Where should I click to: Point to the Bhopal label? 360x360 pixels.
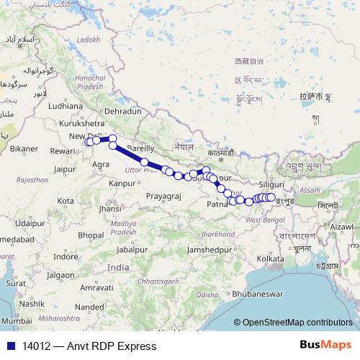tap(91, 235)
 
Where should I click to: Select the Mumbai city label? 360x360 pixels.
tap(16, 320)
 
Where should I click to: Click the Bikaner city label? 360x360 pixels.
tap(23, 148)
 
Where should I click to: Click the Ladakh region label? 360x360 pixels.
tap(88, 40)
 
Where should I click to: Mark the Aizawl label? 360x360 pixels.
tap(341, 226)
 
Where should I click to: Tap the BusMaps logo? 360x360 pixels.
tap(325, 346)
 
